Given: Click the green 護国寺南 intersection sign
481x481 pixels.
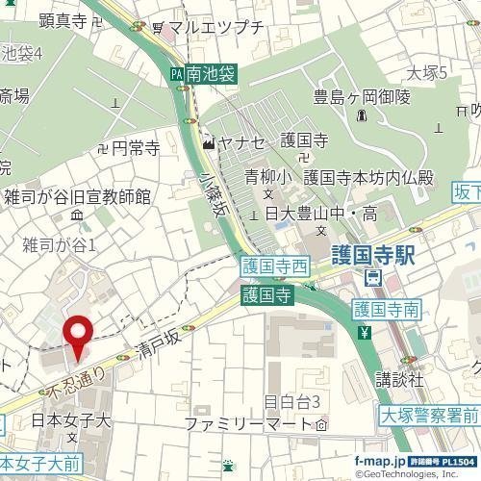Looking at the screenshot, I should point(386,310).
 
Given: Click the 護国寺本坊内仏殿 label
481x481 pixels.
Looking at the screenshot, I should point(368,177).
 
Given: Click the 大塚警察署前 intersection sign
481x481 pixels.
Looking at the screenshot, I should point(429,416).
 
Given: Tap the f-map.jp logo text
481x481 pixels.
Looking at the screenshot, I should point(380,463).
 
